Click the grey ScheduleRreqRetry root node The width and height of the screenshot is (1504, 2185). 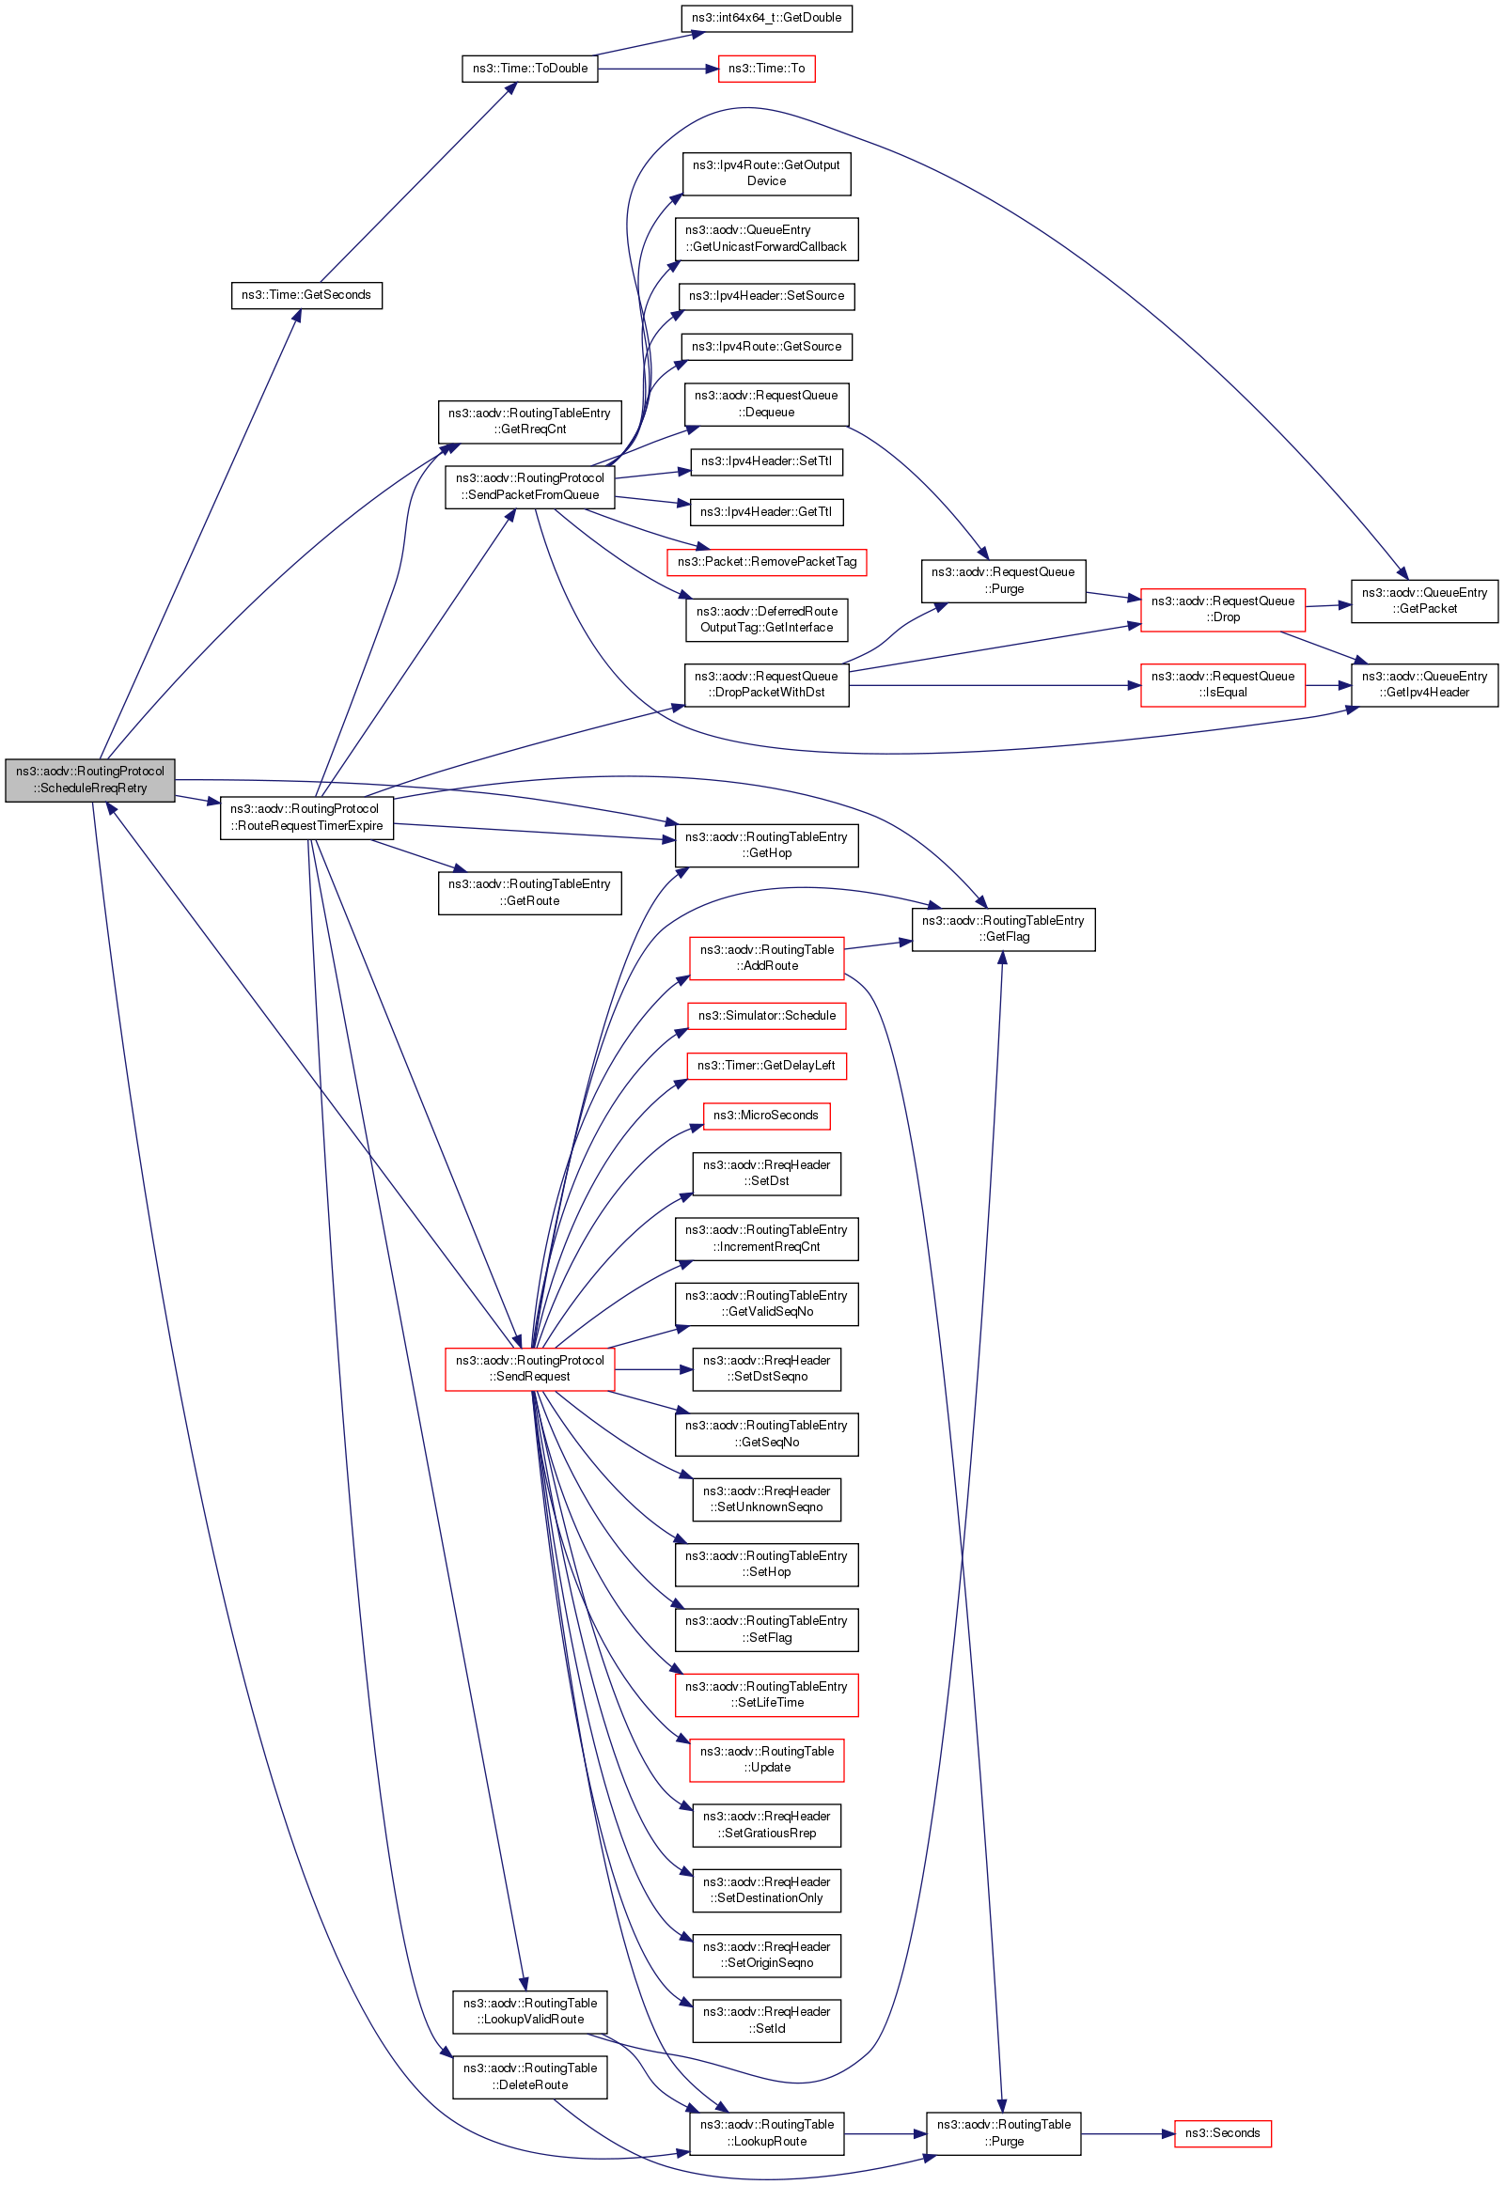89,780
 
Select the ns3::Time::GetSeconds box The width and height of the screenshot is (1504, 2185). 306,295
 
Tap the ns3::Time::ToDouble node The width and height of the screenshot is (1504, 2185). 529,69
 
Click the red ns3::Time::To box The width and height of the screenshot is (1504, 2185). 766,69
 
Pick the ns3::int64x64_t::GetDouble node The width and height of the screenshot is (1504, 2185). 766,18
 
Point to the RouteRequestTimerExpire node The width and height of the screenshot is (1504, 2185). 306,818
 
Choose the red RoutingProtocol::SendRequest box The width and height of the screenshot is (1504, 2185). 529,1369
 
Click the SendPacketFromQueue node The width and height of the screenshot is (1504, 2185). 529,487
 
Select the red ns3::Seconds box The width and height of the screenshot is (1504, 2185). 1222,2133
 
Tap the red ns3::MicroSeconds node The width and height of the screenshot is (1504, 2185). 766,1116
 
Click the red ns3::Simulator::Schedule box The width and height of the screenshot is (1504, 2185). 766,1016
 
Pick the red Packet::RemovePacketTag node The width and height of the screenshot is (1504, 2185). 766,563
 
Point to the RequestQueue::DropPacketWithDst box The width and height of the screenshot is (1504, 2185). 766,685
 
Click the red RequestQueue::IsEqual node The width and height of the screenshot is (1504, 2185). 1222,685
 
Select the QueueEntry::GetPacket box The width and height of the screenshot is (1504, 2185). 1424,601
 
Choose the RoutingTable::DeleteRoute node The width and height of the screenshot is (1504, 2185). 529,2077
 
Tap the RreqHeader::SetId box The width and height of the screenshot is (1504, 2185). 766,2021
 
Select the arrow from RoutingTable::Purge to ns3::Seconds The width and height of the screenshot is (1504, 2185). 1127,2133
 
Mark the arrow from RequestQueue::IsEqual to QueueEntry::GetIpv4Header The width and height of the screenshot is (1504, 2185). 1328,685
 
